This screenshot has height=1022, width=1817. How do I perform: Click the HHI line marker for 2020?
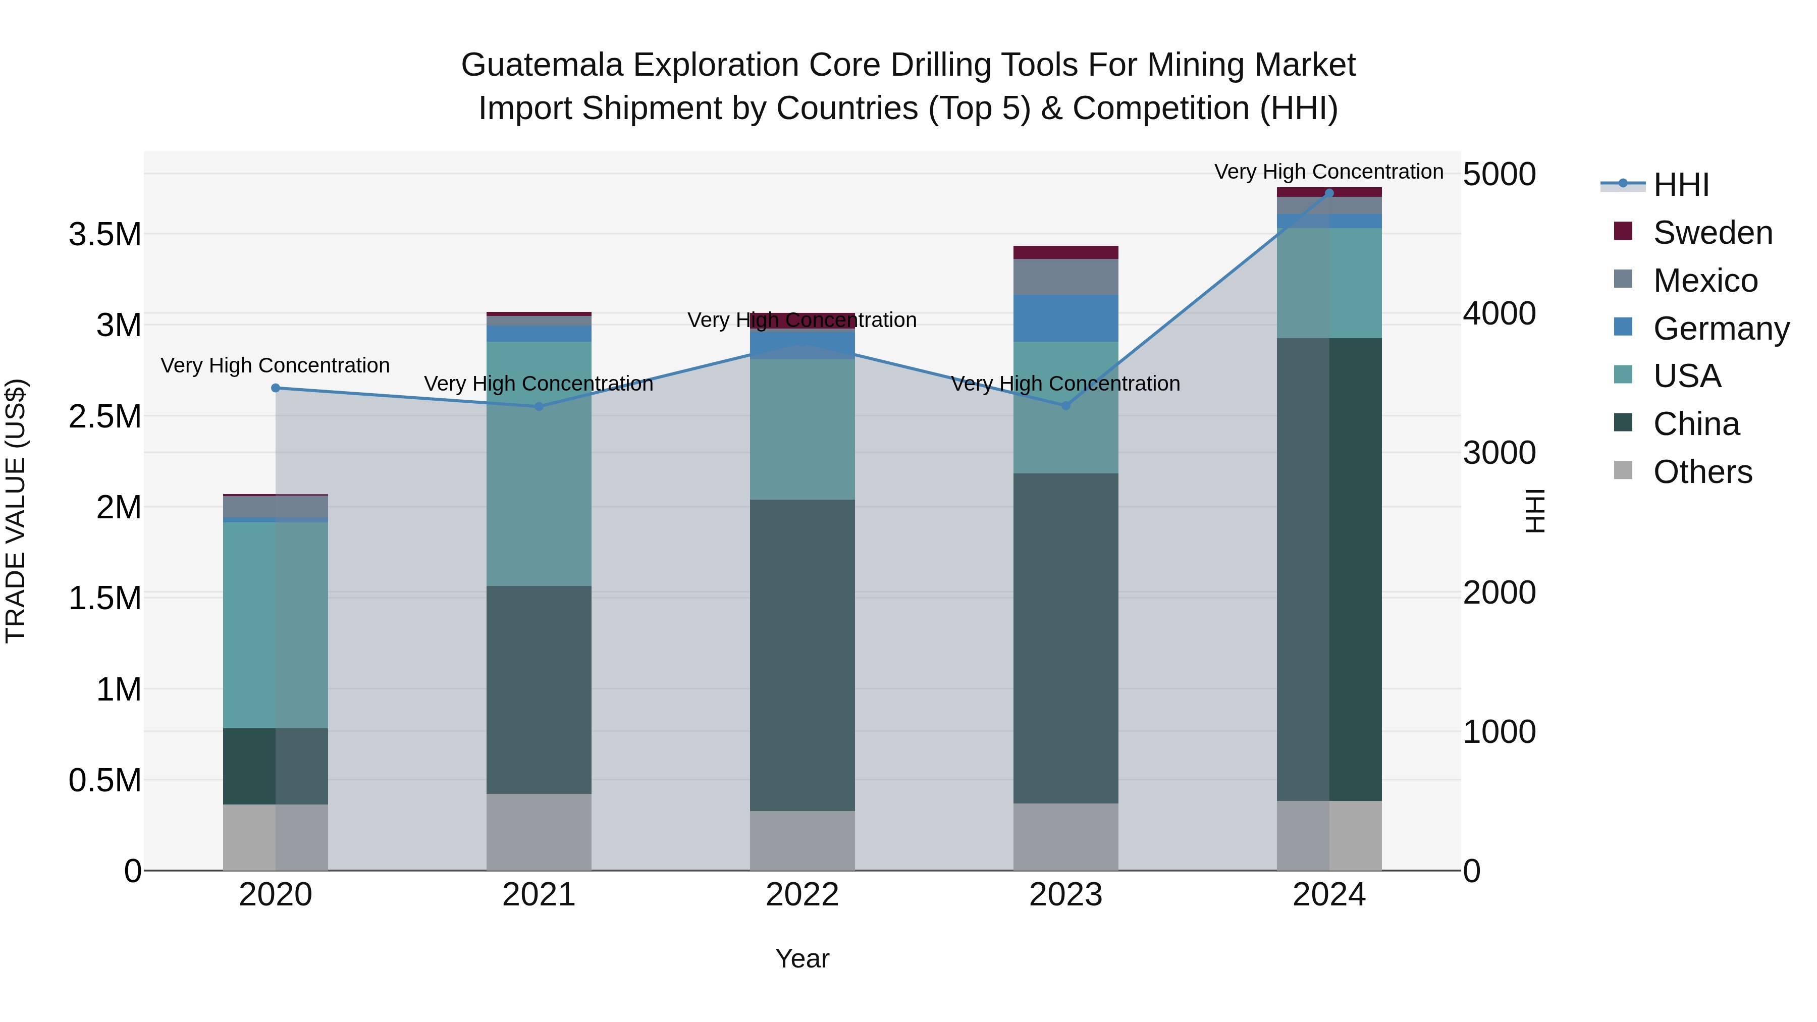tap(276, 388)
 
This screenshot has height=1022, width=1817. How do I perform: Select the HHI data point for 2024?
tap(1329, 193)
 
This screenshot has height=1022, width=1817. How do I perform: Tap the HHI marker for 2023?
tap(1066, 406)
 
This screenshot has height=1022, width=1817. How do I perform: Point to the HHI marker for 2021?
tap(539, 406)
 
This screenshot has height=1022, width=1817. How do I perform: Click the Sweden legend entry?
tap(1712, 233)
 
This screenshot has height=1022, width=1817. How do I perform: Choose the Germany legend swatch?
tap(1623, 327)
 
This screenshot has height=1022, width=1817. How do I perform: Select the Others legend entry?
tap(1702, 472)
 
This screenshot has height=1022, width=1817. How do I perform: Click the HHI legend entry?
tap(1680, 185)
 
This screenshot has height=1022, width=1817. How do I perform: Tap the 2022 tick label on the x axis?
tap(802, 895)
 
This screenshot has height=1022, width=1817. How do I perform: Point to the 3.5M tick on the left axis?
tap(105, 234)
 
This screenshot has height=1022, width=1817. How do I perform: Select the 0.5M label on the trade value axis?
tap(105, 781)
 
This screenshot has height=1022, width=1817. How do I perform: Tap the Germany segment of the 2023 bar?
tap(1066, 318)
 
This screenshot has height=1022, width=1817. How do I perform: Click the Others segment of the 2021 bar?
tap(539, 832)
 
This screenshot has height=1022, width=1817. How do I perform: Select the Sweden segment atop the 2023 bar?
tap(1066, 252)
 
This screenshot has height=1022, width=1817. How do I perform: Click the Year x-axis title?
tap(802, 958)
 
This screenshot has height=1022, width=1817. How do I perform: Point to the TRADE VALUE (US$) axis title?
tap(16, 511)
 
